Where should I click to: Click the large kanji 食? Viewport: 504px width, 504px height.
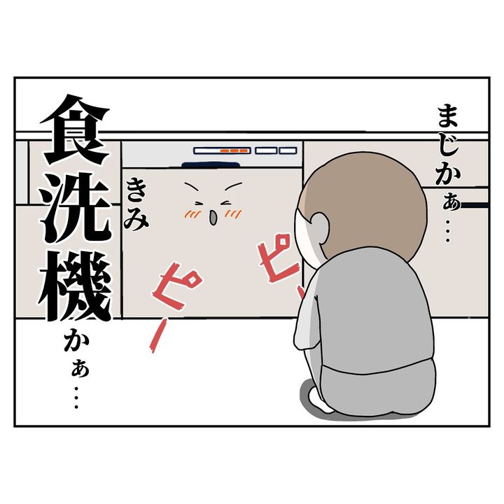click(x=76, y=130)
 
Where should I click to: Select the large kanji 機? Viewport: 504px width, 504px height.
click(x=76, y=286)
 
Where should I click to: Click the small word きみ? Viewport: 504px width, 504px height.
click(x=136, y=204)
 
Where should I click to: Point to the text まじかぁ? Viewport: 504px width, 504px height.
click(x=449, y=159)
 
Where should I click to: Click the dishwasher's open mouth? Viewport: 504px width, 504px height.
click(x=213, y=218)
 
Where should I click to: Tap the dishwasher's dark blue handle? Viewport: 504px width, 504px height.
click(x=211, y=165)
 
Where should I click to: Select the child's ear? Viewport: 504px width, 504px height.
click(x=319, y=227)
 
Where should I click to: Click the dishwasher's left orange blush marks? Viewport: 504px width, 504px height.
click(x=192, y=213)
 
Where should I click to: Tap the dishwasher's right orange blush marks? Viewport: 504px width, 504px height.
click(x=234, y=213)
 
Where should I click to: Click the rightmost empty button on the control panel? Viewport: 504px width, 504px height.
click(x=288, y=150)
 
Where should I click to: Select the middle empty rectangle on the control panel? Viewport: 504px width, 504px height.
click(x=266, y=150)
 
